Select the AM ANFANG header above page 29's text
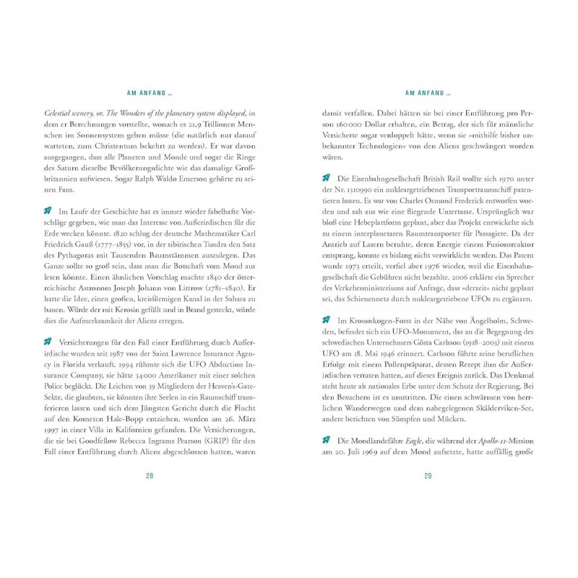(428, 93)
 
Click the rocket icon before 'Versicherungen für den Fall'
(48, 341)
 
